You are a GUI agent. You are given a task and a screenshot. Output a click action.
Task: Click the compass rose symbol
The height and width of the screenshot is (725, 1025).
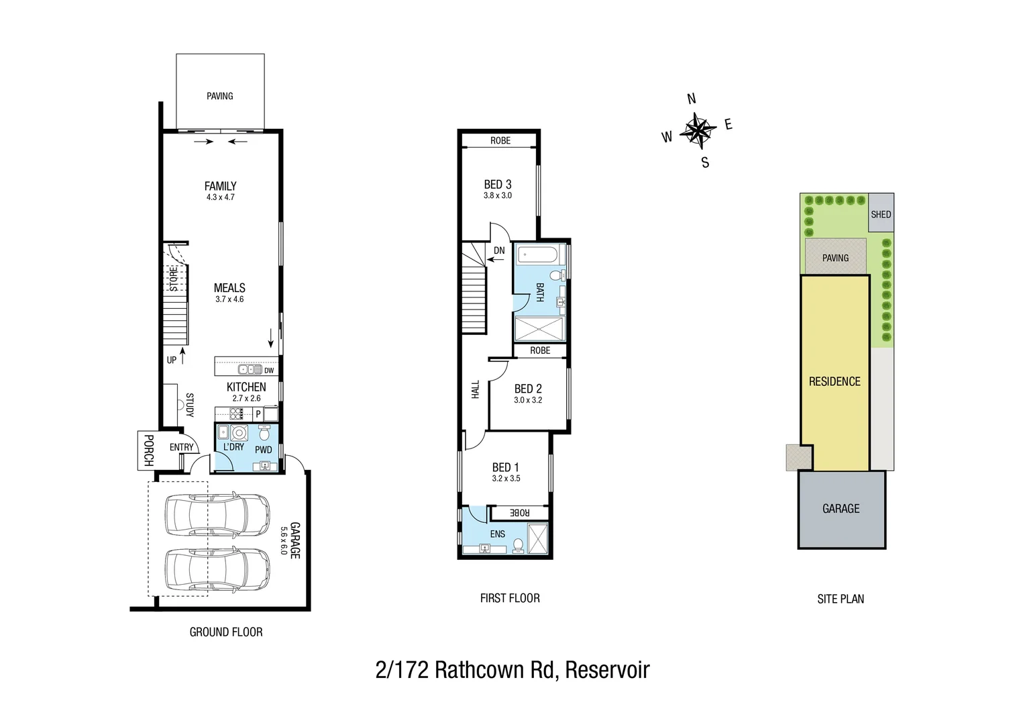pos(698,130)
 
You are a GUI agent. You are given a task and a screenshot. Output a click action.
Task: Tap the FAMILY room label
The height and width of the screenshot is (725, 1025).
pos(220,186)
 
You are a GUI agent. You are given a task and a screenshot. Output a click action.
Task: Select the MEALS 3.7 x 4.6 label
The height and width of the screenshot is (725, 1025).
pos(229,293)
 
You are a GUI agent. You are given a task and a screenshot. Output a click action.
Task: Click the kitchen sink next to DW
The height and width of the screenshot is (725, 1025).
pos(250,370)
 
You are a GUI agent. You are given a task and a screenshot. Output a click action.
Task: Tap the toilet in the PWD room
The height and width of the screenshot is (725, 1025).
pos(264,433)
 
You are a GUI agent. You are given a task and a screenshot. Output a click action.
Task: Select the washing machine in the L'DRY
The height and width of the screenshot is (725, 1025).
pos(239,432)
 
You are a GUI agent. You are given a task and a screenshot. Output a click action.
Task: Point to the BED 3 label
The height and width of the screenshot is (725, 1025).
pos(498,184)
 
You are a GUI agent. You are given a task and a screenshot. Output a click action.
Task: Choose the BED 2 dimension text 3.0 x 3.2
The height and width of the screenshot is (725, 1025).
pos(528,400)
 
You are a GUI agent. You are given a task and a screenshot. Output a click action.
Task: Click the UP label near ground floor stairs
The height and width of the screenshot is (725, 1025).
pos(172,360)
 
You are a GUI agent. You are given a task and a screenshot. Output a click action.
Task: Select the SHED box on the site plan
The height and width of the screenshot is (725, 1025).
pos(881,213)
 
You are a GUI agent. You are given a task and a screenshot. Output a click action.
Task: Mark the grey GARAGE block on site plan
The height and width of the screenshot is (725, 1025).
pos(841,509)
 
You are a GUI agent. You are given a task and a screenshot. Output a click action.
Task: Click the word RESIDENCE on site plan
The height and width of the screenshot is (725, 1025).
pos(834,381)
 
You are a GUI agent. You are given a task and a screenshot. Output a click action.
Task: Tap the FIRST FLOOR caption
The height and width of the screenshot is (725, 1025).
pos(510,598)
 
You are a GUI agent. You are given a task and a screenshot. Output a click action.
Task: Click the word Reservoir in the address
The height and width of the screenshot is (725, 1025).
pos(607,670)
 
